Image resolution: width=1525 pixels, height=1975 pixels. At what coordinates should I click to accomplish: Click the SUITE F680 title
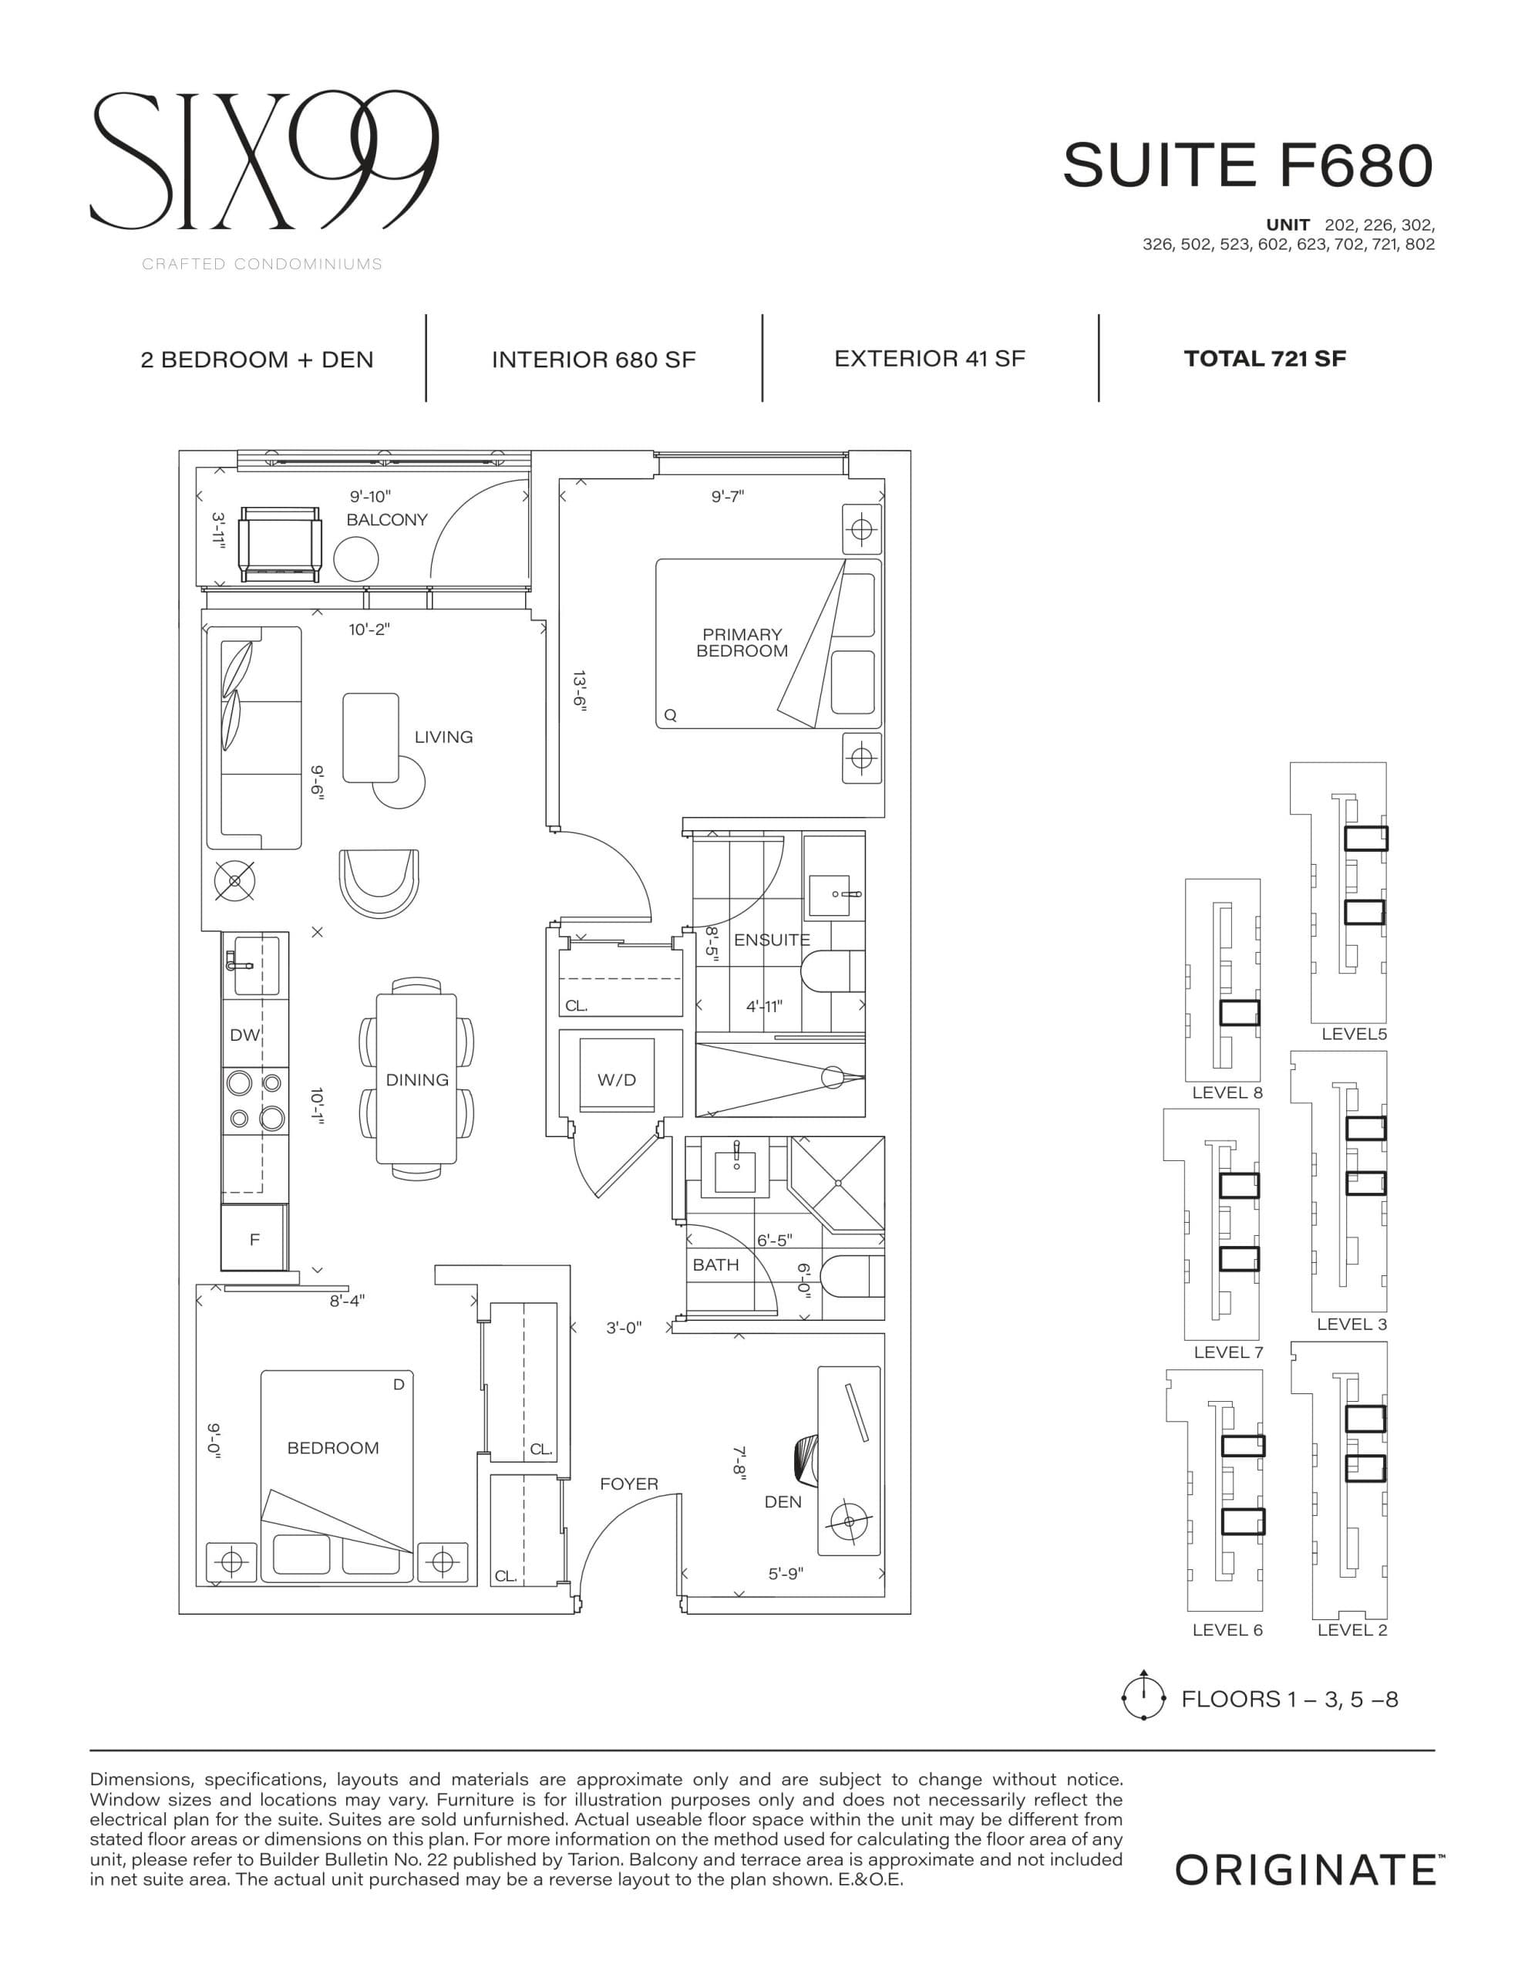1247,166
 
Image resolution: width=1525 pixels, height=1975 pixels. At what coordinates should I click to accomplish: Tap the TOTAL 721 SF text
1264,359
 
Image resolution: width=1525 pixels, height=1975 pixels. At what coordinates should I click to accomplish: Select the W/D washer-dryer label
617,1080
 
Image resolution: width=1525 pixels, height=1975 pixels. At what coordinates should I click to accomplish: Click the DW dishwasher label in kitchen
244,1035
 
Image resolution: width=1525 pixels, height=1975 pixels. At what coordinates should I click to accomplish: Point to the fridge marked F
254,1240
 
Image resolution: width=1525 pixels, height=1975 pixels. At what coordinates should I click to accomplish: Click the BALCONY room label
386,520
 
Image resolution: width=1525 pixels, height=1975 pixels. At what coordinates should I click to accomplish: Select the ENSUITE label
771,940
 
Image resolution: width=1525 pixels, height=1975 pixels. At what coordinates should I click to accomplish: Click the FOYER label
628,1484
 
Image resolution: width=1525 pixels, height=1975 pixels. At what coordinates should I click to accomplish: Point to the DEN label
782,1502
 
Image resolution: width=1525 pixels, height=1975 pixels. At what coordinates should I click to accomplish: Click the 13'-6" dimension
580,693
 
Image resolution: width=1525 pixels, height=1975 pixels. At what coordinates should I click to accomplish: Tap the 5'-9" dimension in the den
785,1574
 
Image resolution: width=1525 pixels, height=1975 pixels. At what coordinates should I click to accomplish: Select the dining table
417,1079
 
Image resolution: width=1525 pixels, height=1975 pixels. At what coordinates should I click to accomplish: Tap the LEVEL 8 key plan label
1227,1092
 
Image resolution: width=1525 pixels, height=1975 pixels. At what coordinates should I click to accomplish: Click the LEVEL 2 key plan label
1352,1630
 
